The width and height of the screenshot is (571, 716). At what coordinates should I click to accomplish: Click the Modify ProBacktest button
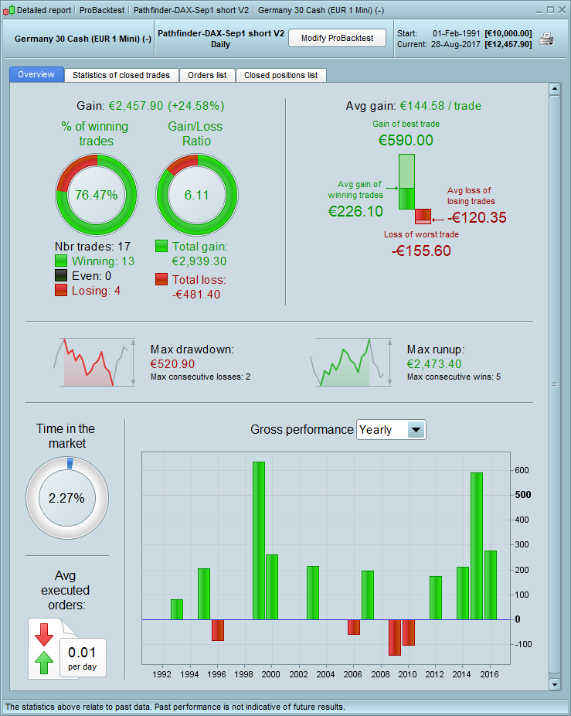tap(337, 38)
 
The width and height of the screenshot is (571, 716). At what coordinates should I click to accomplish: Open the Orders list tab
tap(207, 75)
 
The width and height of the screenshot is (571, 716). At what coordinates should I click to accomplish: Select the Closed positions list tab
tap(280, 75)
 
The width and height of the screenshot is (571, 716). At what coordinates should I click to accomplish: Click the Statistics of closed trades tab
tap(121, 75)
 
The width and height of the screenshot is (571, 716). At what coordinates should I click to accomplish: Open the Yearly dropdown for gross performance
tap(416, 430)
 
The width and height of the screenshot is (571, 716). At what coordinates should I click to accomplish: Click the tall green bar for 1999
tap(259, 540)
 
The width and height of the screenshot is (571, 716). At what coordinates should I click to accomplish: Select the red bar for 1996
tap(218, 629)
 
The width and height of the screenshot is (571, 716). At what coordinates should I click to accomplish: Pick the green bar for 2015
tap(477, 546)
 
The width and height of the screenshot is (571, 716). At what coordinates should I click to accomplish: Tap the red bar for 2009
tap(395, 637)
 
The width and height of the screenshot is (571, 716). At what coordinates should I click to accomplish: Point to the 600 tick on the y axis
tap(523, 470)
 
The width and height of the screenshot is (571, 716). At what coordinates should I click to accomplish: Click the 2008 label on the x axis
tap(381, 674)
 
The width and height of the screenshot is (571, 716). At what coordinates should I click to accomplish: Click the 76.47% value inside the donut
tap(97, 195)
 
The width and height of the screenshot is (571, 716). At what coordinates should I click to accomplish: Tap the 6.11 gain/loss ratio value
tap(196, 195)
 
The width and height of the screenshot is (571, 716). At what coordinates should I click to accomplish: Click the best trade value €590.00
tap(406, 141)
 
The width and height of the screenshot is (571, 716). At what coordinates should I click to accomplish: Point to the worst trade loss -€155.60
tap(421, 251)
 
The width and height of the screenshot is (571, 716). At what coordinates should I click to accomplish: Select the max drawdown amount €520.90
tap(172, 363)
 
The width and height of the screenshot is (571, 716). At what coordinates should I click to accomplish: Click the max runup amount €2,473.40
tap(434, 363)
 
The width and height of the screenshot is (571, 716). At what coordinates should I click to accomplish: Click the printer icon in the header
tap(546, 39)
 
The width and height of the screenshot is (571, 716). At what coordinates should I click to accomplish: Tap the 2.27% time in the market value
tap(66, 498)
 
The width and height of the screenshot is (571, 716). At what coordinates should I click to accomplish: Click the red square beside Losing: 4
tap(61, 290)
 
